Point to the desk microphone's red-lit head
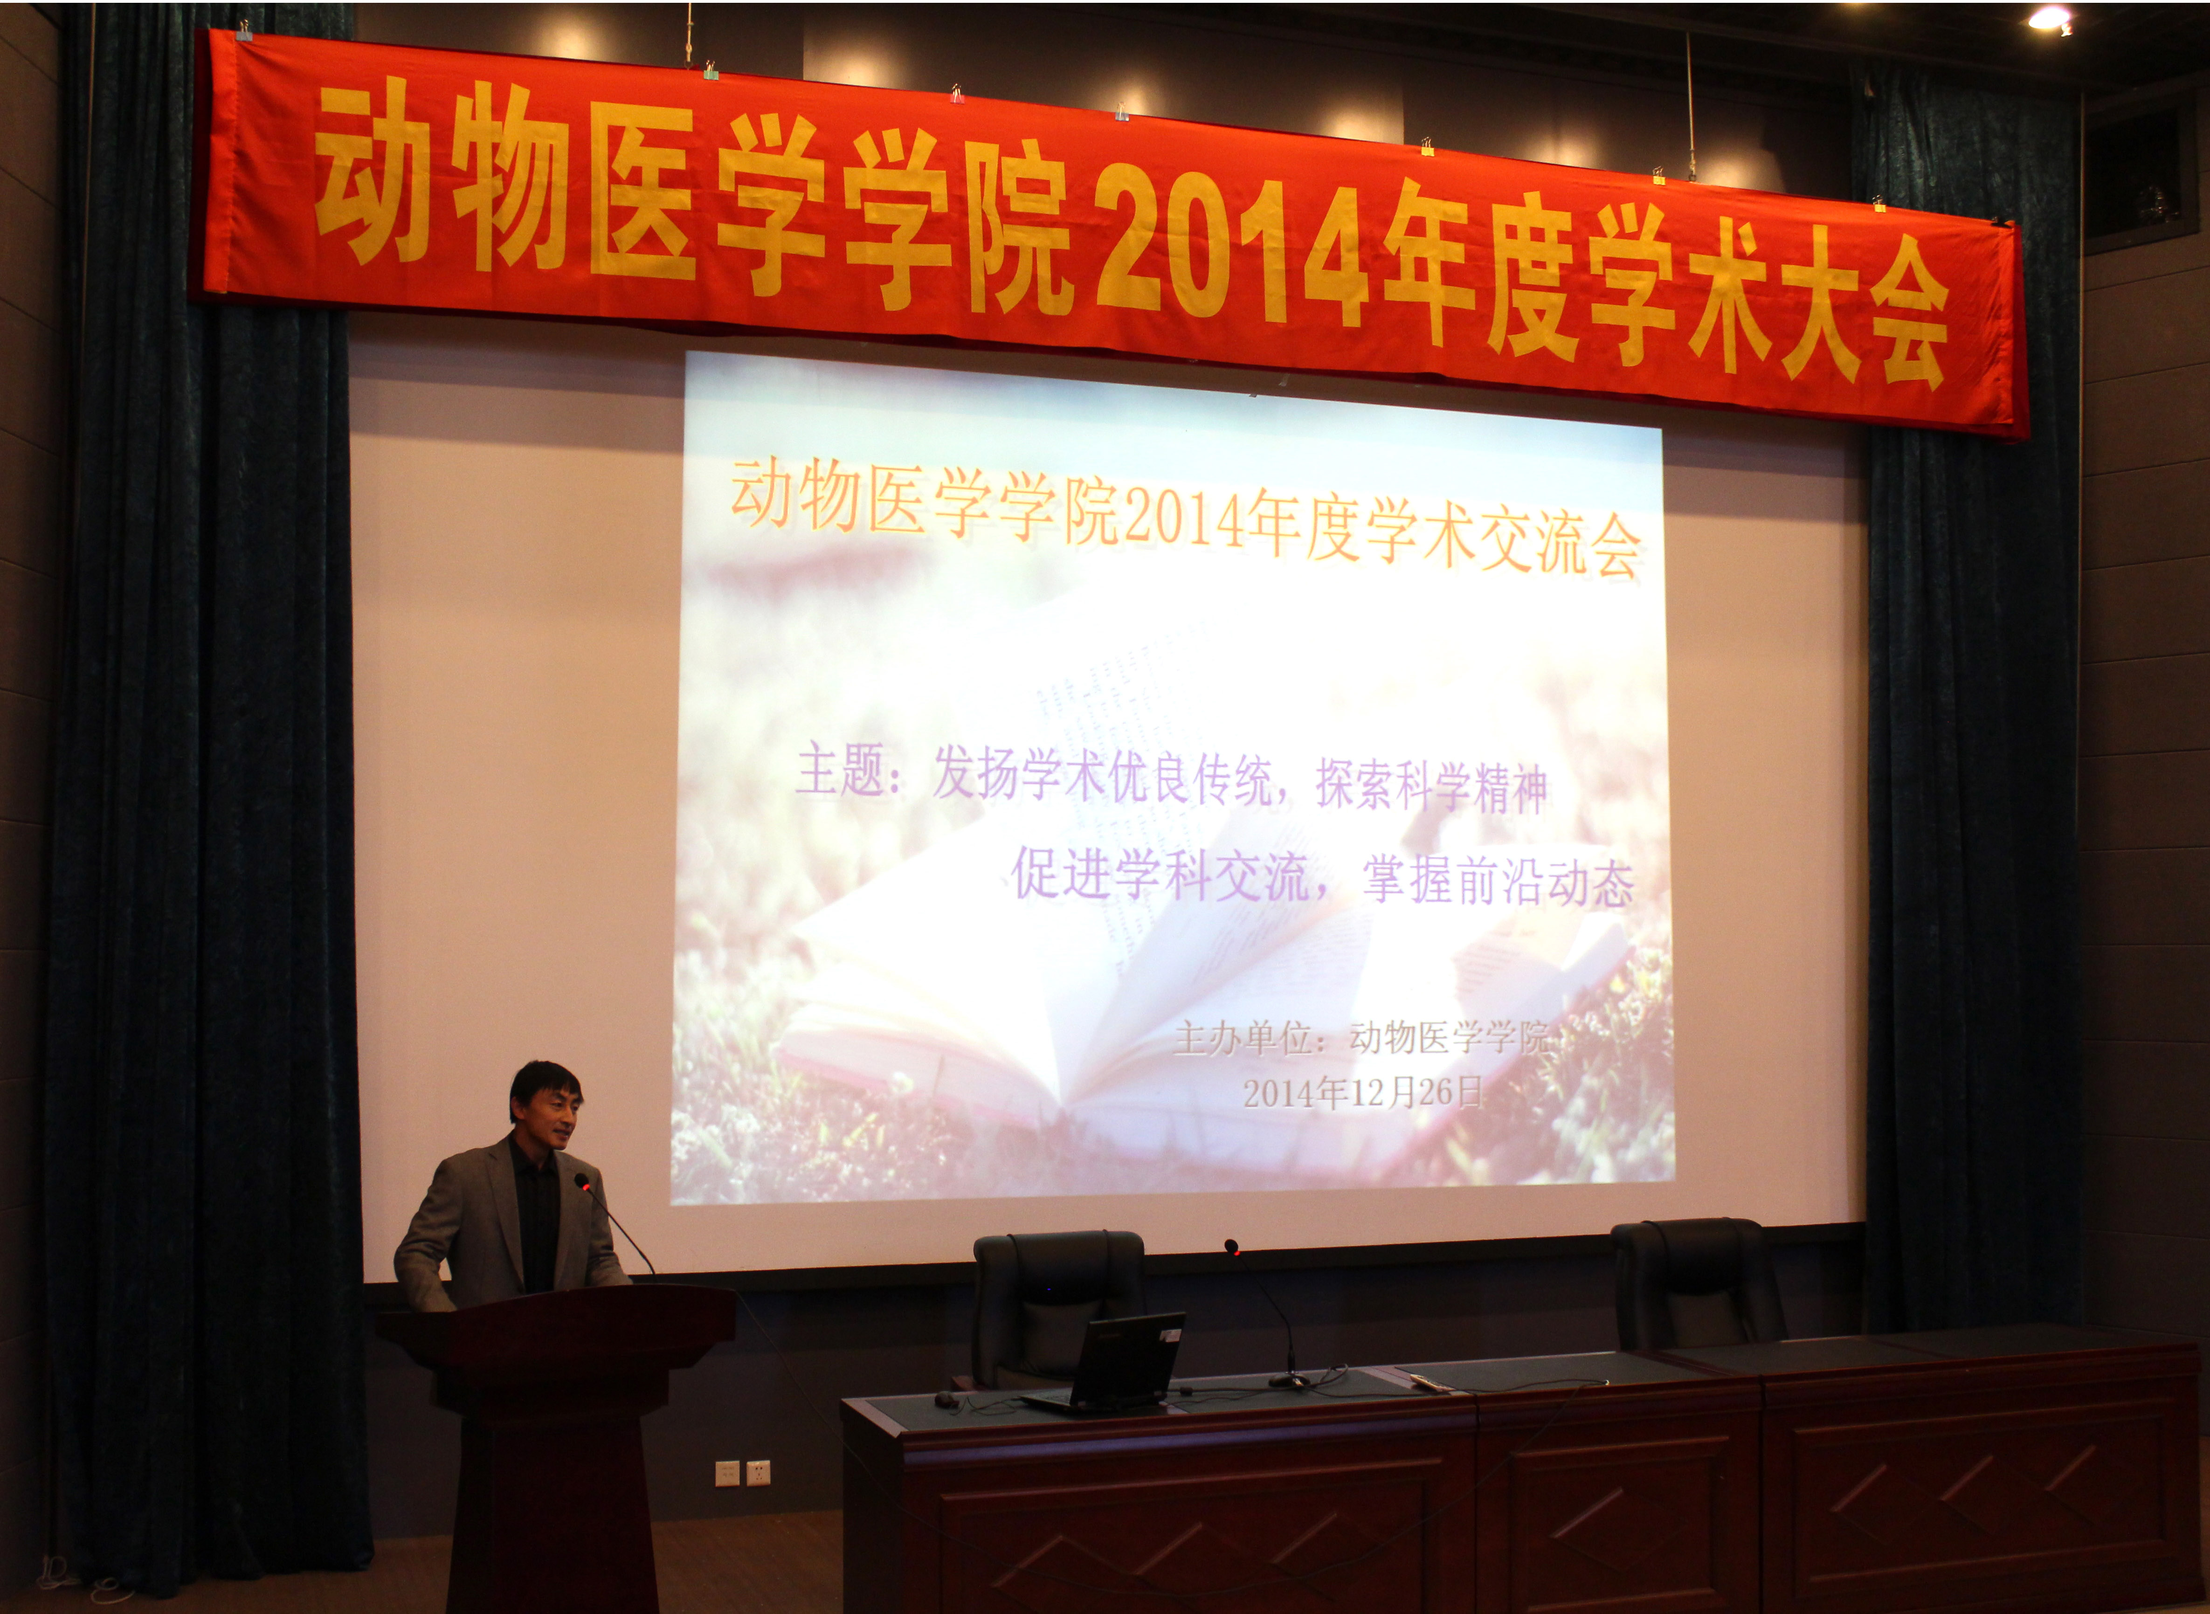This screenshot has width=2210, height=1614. pos(1231,1247)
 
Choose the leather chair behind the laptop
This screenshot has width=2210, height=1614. pos(1055,1299)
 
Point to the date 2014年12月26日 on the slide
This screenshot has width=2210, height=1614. pos(1363,1092)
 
